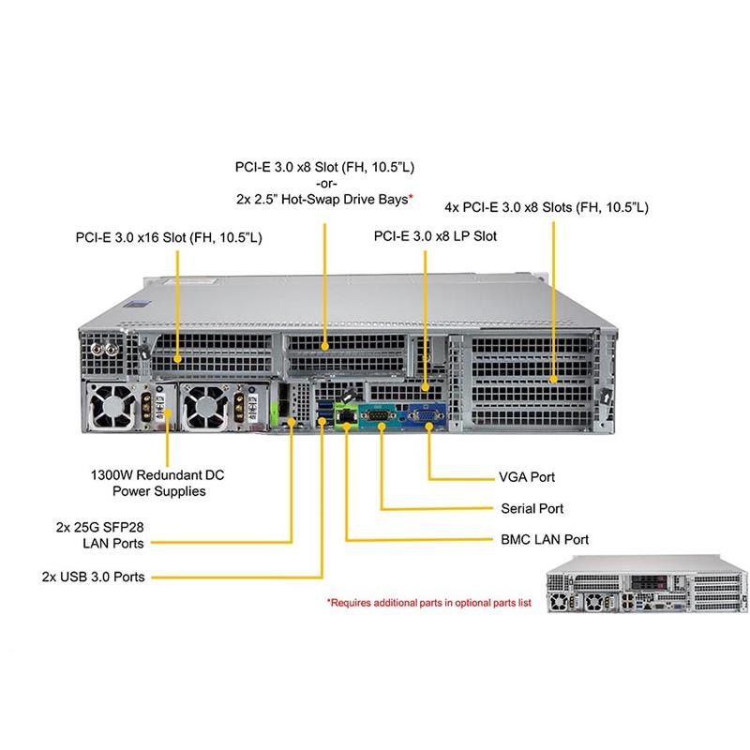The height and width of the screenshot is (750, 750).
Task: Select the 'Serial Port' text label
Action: coord(532,509)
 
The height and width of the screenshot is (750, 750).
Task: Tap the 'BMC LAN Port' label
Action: coord(544,540)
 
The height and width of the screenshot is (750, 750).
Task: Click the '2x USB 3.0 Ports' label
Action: coord(94,577)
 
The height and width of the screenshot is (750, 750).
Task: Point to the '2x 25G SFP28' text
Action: coord(97,527)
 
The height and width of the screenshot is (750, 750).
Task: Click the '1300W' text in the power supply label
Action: coord(111,475)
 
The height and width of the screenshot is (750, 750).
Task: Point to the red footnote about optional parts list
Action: coord(428,604)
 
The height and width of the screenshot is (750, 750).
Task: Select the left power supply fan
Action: coord(113,404)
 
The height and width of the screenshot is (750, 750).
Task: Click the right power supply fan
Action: coord(205,404)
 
